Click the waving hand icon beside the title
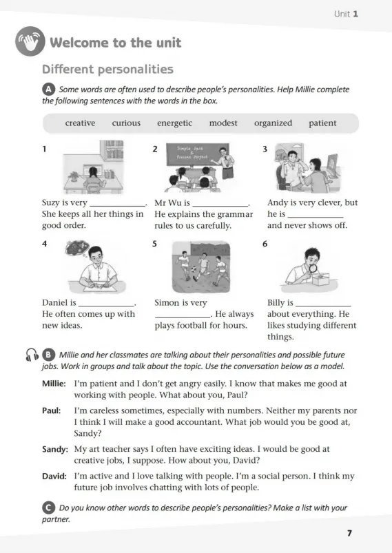30,41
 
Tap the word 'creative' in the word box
80,123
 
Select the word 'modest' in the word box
223,123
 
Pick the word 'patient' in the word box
322,123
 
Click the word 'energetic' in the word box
175,123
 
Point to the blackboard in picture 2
197,154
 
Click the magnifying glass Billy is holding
313,269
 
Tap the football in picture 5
194,269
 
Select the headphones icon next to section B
32,355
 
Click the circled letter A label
48,90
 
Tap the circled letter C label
48,508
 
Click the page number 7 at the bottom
349,533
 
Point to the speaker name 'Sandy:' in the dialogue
55,449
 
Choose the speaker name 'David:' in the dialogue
54,476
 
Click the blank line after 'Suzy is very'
118,206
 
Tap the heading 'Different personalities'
107,69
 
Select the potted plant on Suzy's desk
74,176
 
